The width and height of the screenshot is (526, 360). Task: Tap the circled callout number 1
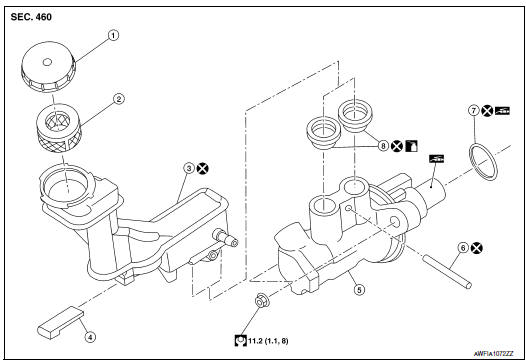113,34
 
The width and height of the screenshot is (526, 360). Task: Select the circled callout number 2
118,99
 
